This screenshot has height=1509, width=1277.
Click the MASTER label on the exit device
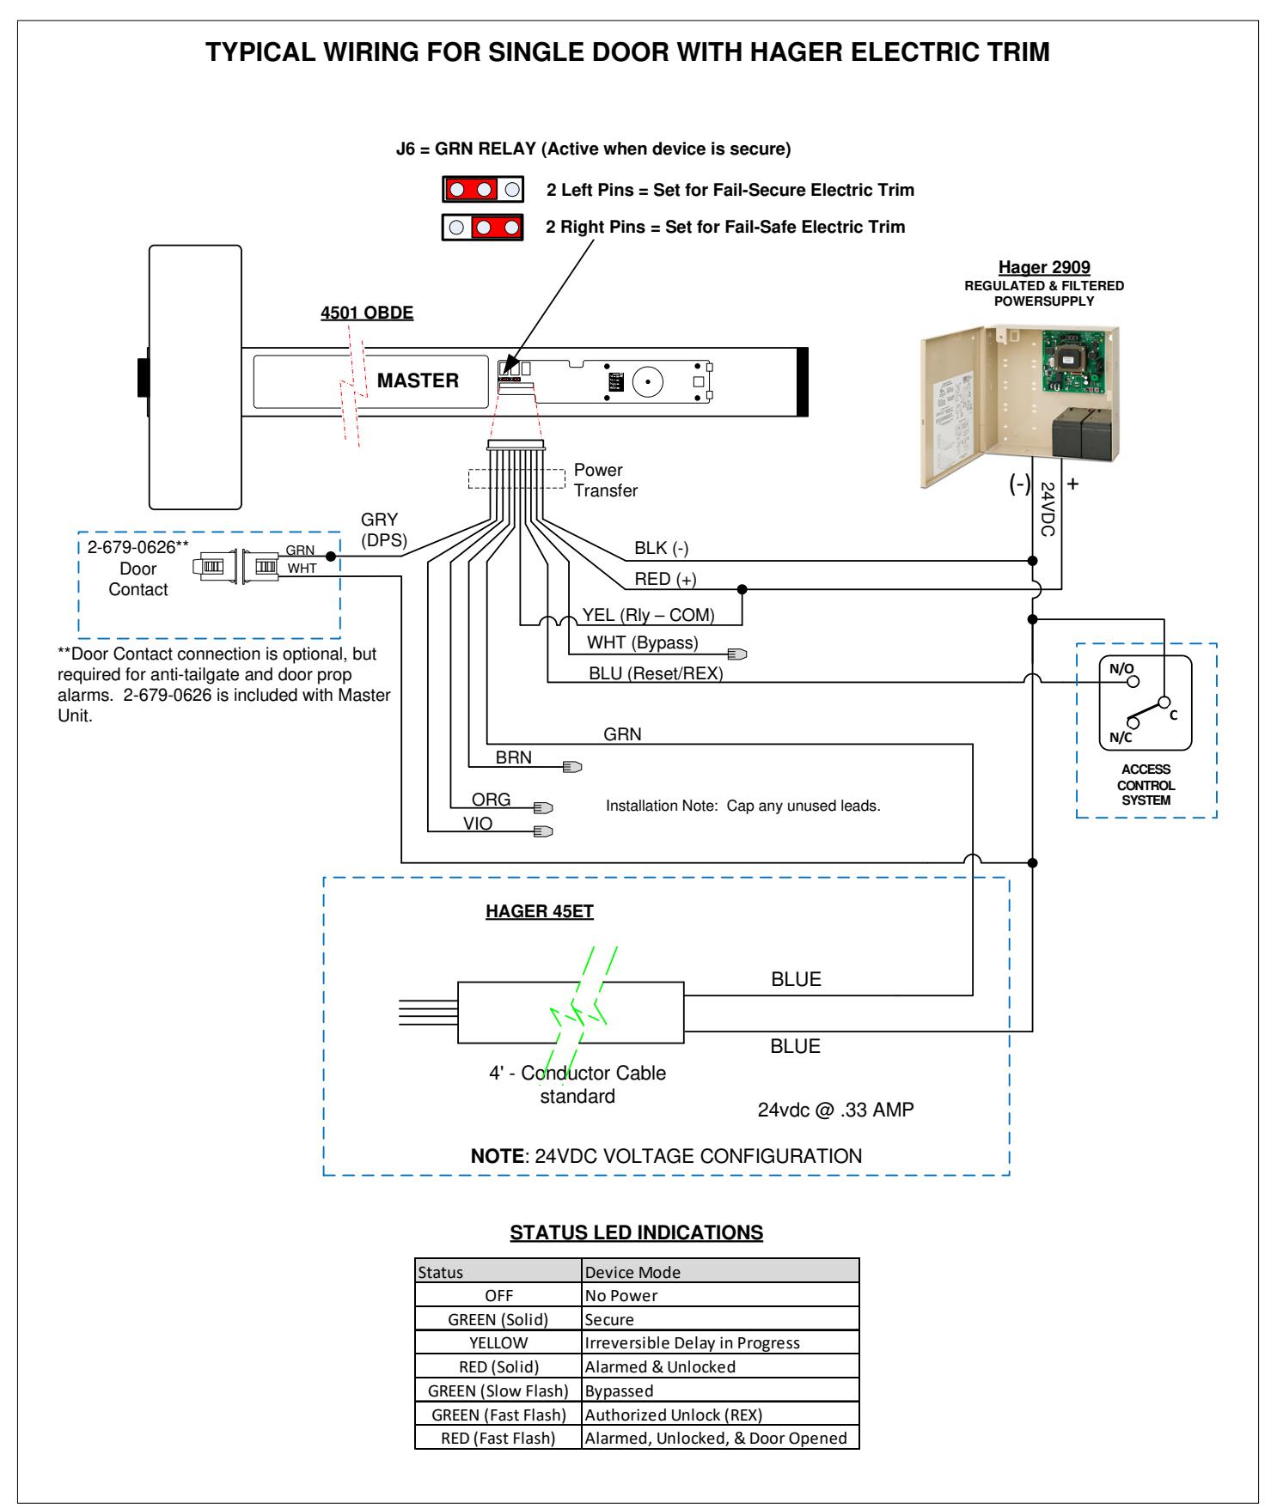click(418, 380)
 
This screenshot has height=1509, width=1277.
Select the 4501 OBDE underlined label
click(367, 313)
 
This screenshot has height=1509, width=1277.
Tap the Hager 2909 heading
click(1044, 268)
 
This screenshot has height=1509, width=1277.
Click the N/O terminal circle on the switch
click(1133, 681)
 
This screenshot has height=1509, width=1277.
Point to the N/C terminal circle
click(1132, 723)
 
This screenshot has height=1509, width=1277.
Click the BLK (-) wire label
click(662, 548)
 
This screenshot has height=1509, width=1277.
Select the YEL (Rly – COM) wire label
click(649, 615)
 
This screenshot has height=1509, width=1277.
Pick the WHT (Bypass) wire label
click(643, 642)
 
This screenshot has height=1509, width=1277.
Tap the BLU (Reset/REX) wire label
click(656, 673)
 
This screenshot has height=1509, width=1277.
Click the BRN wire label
click(514, 758)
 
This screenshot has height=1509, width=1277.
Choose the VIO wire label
click(478, 824)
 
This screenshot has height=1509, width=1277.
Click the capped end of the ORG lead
click(543, 807)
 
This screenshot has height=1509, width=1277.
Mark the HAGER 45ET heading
click(540, 911)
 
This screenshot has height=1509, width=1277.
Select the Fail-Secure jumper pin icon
click(483, 189)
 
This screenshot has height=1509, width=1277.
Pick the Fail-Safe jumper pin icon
click(483, 228)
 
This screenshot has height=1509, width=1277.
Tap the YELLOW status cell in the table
click(498, 1342)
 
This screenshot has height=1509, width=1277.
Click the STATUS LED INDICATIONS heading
click(637, 1232)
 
